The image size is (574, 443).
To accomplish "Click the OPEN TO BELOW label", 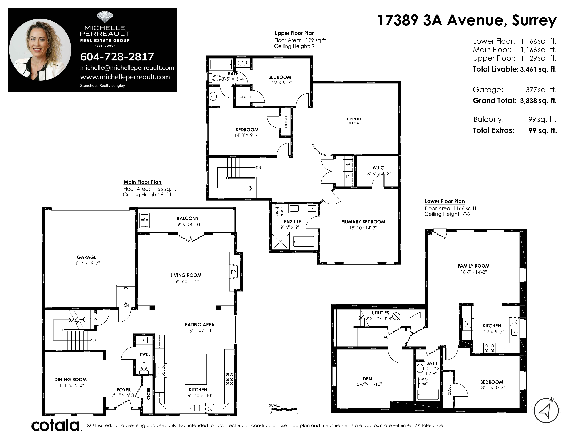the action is pos(354,121).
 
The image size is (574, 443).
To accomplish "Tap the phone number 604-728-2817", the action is pos(117,57).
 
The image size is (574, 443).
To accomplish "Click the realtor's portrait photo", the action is pos(40,50).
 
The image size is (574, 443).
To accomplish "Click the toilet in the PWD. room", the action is pos(144,367).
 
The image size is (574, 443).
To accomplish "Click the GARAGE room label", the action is pos(87,257).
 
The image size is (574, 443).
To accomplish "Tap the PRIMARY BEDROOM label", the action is pos(363,222).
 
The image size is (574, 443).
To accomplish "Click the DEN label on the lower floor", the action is pos(367,379).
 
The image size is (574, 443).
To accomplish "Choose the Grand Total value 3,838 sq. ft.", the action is pos(538,101).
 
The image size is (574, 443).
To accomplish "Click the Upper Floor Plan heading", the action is pos(295,33).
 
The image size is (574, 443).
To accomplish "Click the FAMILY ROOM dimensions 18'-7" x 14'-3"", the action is pos(474,272).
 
